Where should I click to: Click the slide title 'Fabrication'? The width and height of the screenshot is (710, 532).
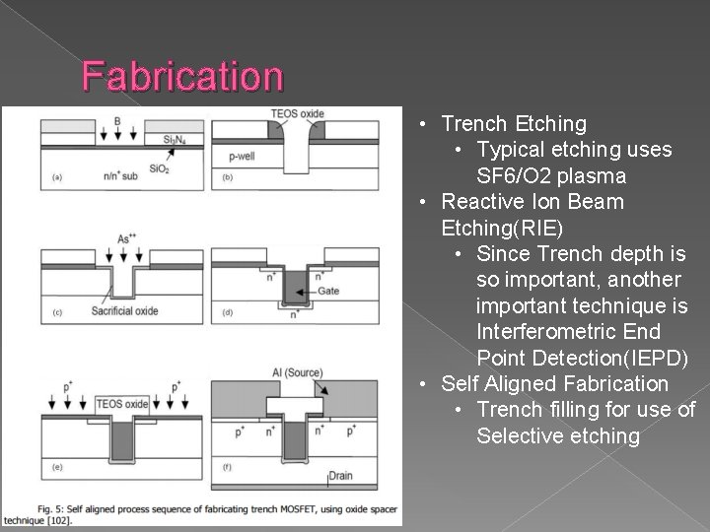(x=182, y=75)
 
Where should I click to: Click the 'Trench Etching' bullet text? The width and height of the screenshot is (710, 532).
(x=514, y=124)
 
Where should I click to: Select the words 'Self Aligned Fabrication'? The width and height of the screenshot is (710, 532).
(x=554, y=383)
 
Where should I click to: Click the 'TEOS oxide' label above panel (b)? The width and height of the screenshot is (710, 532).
(x=299, y=113)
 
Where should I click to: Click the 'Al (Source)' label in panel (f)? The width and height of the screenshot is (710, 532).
(x=298, y=371)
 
